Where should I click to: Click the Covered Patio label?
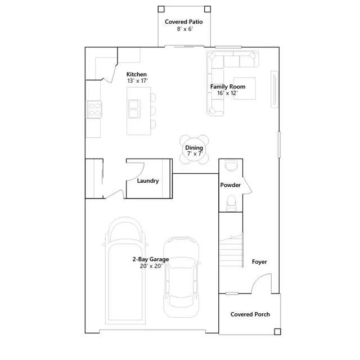pyautogui.click(x=184, y=22)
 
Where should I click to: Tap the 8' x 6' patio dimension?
pyautogui.click(x=185, y=29)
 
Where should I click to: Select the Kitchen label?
pyautogui.click(x=136, y=74)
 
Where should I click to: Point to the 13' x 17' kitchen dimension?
pyautogui.click(x=137, y=81)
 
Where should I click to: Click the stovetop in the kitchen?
pyautogui.click(x=94, y=110)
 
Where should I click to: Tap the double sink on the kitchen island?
pyautogui.click(x=134, y=109)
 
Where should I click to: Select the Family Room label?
pyautogui.click(x=228, y=87)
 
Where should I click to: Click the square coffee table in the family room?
pyautogui.click(x=245, y=88)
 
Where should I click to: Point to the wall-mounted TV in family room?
pyautogui.click(x=274, y=89)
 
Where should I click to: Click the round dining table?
pyautogui.click(x=194, y=150)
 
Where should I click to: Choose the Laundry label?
pyautogui.click(x=148, y=181)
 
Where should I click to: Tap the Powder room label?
pyautogui.click(x=230, y=185)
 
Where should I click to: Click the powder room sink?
pyautogui.click(x=231, y=166)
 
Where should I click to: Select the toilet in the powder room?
pyautogui.click(x=231, y=203)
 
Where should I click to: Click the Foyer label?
pyautogui.click(x=259, y=262)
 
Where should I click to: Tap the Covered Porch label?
pyautogui.click(x=250, y=314)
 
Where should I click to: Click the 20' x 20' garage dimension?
pyautogui.click(x=151, y=266)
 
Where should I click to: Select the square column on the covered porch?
pyautogui.click(x=277, y=331)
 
